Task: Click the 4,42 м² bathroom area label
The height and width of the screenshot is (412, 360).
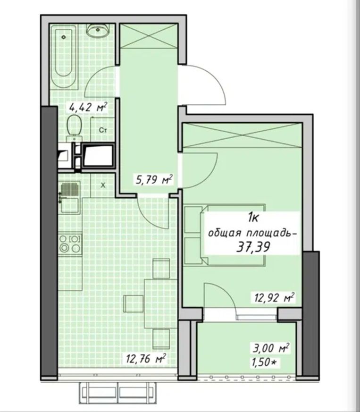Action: tap(88, 107)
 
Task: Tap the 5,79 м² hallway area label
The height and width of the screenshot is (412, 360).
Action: tap(154, 180)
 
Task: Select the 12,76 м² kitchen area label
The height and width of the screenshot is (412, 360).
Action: tap(146, 359)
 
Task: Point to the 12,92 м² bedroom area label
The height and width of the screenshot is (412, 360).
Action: tap(274, 297)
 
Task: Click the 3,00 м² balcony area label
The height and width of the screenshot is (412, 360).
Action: tap(271, 348)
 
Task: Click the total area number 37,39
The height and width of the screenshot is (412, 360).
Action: tap(253, 247)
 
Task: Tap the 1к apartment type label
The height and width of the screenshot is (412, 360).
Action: tap(253, 218)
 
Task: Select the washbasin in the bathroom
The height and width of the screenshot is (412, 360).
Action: tap(98, 30)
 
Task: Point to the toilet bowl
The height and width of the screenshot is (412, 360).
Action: tap(74, 128)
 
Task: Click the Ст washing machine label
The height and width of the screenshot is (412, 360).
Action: tap(103, 130)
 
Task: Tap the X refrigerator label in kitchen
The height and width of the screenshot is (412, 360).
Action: tap(103, 185)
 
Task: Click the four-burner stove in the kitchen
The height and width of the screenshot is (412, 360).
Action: tap(70, 244)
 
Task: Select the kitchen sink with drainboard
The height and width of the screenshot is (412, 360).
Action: tap(69, 198)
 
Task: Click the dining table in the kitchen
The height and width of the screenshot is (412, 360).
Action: tap(160, 303)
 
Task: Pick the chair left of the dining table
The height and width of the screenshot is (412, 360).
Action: tap(134, 303)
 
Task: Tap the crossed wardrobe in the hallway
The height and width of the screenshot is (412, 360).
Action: tap(149, 36)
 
